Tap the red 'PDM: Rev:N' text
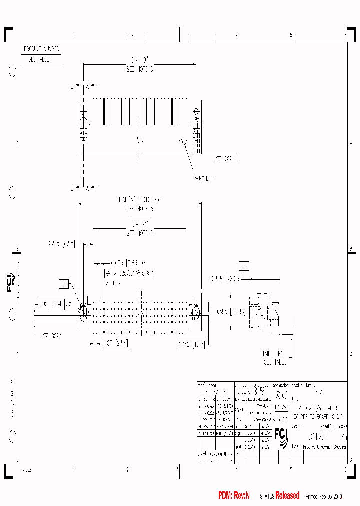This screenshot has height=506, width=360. click(234, 495)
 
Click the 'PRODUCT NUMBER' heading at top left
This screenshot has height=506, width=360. click(41, 49)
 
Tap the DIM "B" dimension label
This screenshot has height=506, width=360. click(139, 60)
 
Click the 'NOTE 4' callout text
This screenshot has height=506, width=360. click(206, 178)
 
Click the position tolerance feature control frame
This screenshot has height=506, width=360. click(130, 273)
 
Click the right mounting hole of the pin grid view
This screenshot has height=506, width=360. click(196, 312)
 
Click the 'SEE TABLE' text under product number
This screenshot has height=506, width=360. click(38, 59)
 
